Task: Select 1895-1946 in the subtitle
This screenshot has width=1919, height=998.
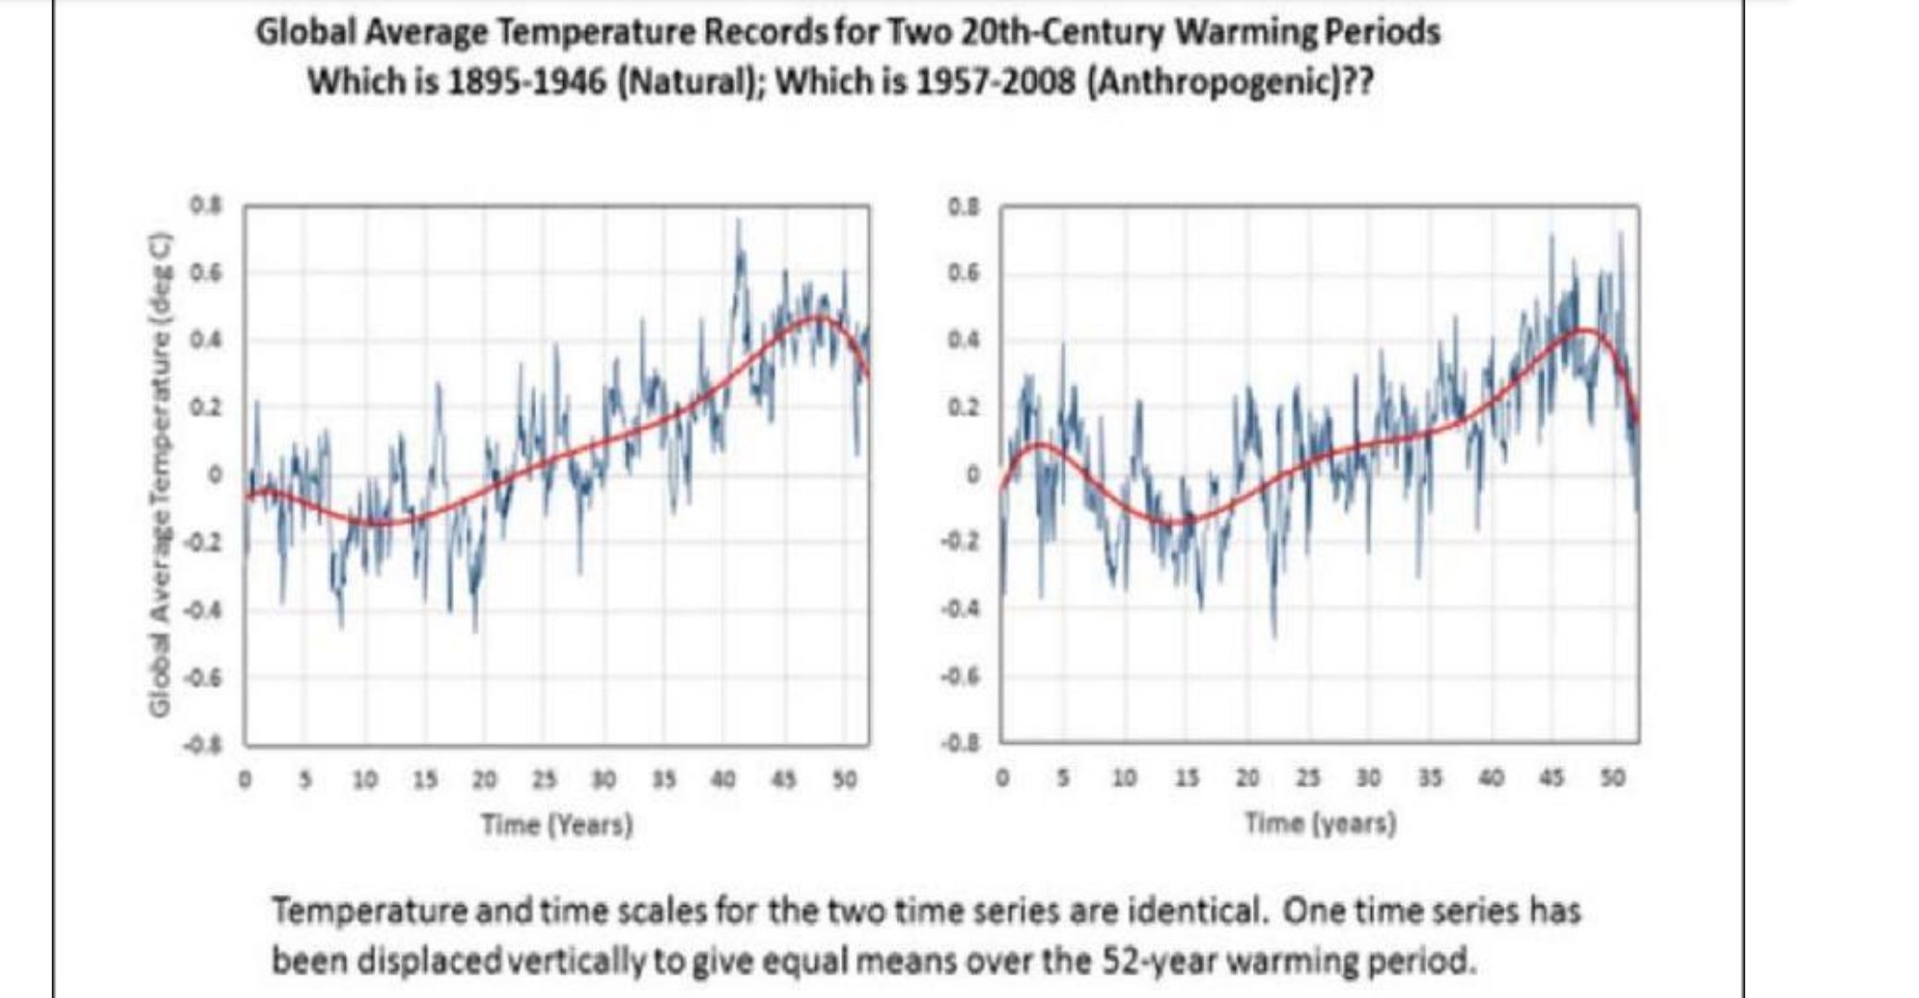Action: point(526,82)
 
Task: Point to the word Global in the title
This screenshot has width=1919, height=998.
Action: point(306,32)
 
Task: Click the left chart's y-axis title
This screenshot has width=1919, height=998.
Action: point(161,473)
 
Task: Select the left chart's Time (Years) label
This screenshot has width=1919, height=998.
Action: point(556,823)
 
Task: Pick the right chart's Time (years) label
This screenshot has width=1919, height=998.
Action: point(1320,822)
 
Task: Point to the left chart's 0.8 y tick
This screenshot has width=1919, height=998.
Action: point(205,205)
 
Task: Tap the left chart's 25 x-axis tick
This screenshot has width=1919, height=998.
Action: point(544,780)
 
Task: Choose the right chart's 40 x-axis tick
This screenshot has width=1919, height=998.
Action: point(1490,778)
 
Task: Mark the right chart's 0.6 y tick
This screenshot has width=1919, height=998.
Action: point(962,274)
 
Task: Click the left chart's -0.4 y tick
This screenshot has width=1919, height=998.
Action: point(203,610)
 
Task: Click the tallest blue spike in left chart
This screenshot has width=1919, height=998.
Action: point(738,222)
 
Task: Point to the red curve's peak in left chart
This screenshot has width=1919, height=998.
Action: point(817,317)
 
